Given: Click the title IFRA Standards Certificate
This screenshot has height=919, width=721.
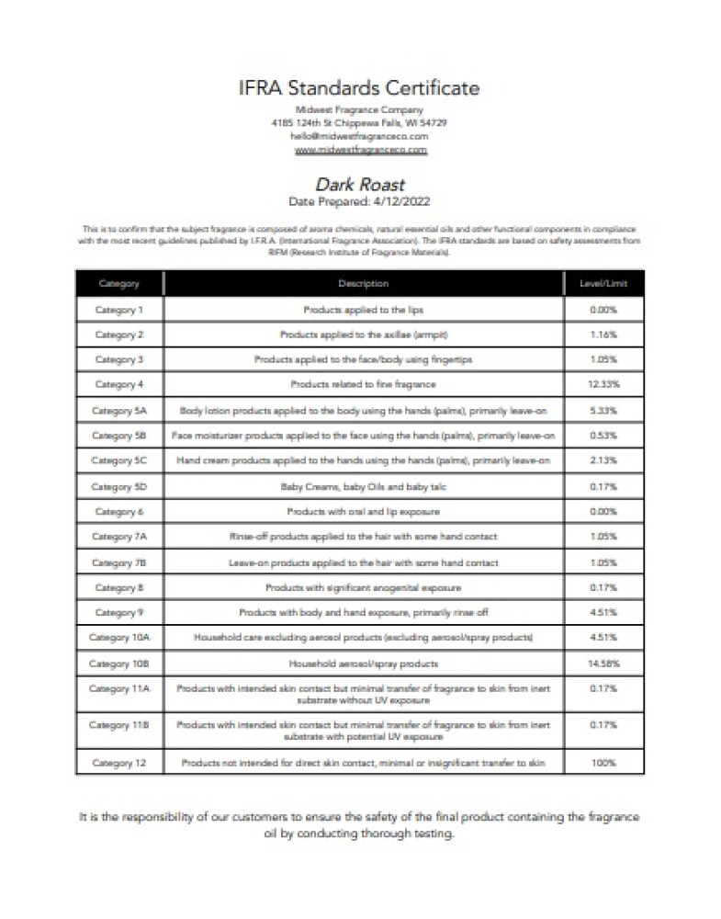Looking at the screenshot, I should coord(360,89).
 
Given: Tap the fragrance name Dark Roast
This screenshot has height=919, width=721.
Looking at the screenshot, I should coord(360,185).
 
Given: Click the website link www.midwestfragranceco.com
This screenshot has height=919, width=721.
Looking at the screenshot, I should coord(360,149).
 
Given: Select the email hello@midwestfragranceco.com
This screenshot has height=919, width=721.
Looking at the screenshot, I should coord(360,135).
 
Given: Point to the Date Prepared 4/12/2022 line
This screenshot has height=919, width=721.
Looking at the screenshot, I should coord(360,200).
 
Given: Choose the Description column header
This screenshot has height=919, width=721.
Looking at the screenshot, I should coord(363,284).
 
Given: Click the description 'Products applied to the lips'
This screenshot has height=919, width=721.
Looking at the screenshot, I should coord(363,310).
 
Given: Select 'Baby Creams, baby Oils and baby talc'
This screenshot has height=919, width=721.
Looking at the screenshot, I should coord(363,485).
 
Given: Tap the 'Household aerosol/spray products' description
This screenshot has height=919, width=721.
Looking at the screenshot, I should coord(363,663).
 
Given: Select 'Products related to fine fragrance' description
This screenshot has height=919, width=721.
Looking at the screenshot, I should coord(363,384).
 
